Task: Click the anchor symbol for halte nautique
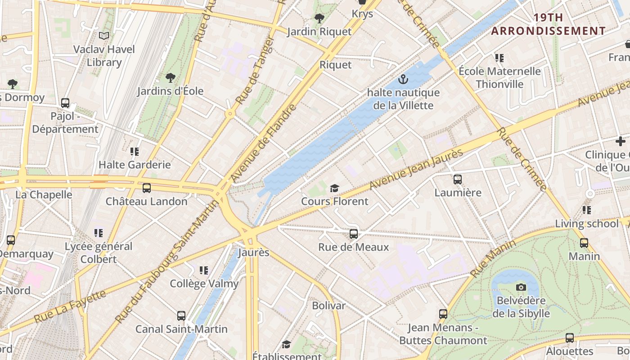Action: (403, 80)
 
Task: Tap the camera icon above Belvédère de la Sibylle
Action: (521, 287)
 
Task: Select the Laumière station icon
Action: (458, 179)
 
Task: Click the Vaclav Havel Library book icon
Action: (104, 36)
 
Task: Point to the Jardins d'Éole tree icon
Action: (170, 78)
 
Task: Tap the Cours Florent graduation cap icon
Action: (334, 188)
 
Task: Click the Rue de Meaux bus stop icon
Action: (354, 234)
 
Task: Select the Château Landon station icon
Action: (147, 188)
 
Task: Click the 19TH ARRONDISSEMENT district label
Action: (548, 24)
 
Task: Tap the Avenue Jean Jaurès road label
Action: (416, 170)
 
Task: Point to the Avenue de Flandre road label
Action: (264, 143)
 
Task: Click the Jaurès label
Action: (253, 252)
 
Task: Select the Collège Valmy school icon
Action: (204, 270)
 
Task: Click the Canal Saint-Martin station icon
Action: (181, 316)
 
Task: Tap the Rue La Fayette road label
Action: (70, 306)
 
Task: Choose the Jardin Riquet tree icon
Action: (319, 18)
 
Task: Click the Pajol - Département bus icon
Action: (65, 103)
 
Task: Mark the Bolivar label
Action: (329, 306)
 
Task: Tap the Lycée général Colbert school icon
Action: (99, 233)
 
